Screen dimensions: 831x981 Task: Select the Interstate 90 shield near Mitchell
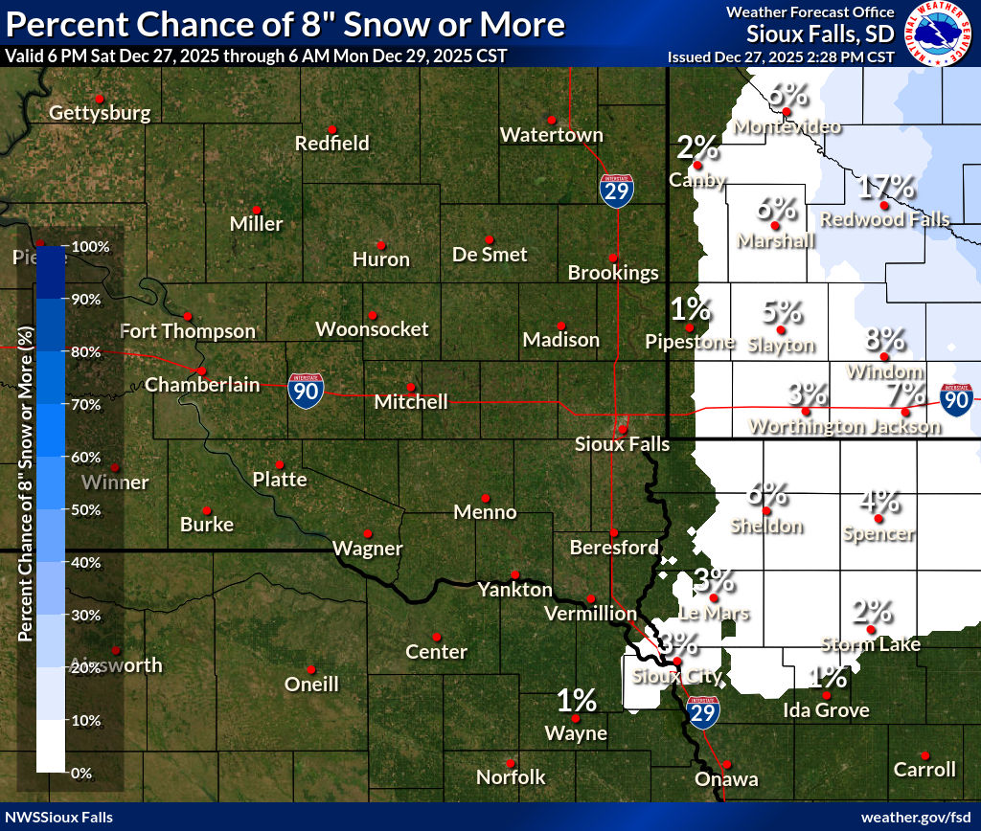coord(306,392)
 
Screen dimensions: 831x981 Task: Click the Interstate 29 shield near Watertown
coord(616,191)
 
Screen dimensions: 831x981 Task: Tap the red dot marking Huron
coord(380,245)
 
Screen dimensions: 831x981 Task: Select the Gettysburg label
coord(100,113)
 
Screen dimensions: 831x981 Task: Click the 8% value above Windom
coord(884,338)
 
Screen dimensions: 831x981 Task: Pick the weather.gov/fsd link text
coord(915,817)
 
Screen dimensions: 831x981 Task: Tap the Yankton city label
coord(514,590)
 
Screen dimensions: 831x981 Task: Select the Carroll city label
coord(924,769)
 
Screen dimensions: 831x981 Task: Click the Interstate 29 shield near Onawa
coord(702,713)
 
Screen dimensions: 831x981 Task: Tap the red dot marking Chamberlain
coord(201,371)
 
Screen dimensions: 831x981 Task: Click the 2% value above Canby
coord(697,147)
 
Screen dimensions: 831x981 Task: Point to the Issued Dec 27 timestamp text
coord(781,56)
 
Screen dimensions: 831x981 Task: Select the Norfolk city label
coord(511,776)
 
